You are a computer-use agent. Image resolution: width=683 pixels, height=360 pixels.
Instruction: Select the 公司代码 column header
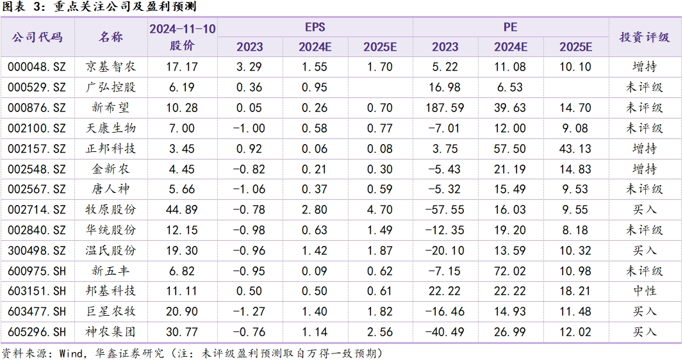pyautogui.click(x=37, y=37)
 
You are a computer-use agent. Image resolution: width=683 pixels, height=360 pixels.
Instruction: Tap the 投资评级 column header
pyautogui.click(x=644, y=37)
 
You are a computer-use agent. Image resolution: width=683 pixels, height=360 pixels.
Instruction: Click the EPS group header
pyautogui.click(x=315, y=27)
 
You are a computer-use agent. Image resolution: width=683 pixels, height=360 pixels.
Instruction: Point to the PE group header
pyautogui.click(x=510, y=27)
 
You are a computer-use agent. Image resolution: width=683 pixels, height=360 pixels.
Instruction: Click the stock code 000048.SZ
pyautogui.click(x=37, y=67)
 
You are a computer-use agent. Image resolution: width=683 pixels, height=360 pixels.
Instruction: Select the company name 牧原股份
pyautogui.click(x=110, y=209)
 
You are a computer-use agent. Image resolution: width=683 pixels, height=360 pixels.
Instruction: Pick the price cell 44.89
pyautogui.click(x=182, y=209)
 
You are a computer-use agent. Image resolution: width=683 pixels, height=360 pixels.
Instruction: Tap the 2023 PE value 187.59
pyautogui.click(x=445, y=108)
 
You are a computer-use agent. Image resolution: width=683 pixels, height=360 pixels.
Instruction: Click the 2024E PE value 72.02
pyautogui.click(x=510, y=271)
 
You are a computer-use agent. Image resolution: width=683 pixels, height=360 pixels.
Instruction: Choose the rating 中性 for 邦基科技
pyautogui.click(x=644, y=291)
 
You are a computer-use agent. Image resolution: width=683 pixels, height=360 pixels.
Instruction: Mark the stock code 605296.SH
pyautogui.click(x=37, y=332)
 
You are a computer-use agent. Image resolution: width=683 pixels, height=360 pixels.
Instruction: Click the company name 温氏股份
pyautogui.click(x=110, y=250)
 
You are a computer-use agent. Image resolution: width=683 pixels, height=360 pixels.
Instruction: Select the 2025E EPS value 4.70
pyautogui.click(x=380, y=209)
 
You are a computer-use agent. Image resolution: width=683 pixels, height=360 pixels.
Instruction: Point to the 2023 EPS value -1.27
pyautogui.click(x=249, y=312)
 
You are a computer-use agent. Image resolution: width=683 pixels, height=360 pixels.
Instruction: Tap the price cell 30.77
pyautogui.click(x=182, y=332)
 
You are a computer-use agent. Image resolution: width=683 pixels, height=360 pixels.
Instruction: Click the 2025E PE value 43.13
pyautogui.click(x=575, y=149)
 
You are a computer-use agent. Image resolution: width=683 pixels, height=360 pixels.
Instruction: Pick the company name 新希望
pyautogui.click(x=110, y=108)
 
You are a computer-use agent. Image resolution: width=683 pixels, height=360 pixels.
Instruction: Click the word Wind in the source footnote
pyautogui.click(x=71, y=353)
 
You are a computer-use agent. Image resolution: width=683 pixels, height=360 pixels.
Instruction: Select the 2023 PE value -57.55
pyautogui.click(x=445, y=209)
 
